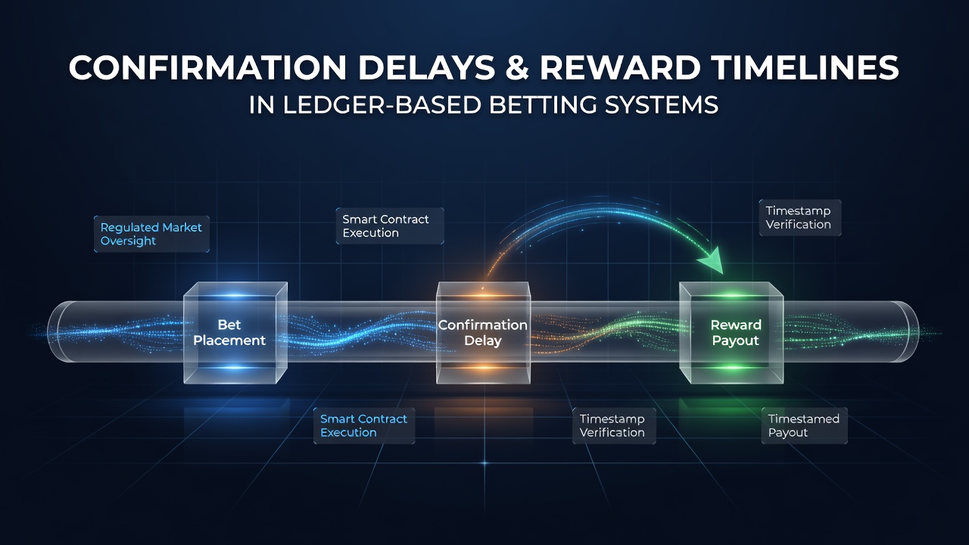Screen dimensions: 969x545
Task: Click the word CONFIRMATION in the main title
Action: click(x=207, y=67)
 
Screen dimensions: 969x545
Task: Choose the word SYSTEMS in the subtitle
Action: click(x=659, y=104)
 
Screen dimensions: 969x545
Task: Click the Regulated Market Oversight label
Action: click(x=151, y=234)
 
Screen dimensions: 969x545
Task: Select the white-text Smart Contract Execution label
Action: click(x=390, y=226)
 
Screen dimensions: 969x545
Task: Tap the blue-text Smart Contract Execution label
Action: click(x=364, y=425)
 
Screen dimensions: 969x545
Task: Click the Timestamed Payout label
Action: click(x=804, y=425)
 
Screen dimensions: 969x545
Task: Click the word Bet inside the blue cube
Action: click(x=229, y=325)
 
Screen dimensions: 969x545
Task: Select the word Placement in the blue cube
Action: click(x=229, y=341)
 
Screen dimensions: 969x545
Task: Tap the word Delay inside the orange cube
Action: click(x=483, y=341)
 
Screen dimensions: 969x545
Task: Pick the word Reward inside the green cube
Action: click(x=736, y=325)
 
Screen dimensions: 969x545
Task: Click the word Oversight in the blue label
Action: click(x=128, y=241)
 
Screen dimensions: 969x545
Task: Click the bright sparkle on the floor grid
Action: click(x=484, y=463)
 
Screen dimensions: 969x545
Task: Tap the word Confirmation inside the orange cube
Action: click(x=483, y=325)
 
